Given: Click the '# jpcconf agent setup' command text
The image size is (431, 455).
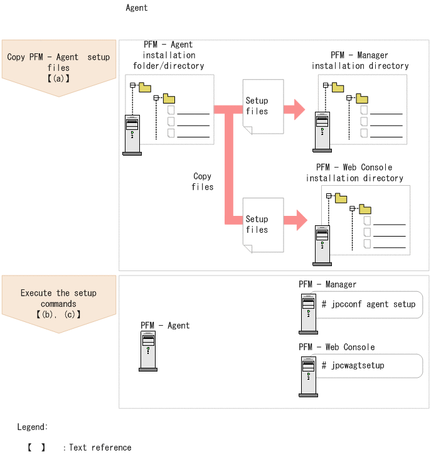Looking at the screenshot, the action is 368,304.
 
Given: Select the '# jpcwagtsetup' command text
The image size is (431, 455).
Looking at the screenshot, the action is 353,365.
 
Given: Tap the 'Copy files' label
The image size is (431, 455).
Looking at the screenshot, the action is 203,181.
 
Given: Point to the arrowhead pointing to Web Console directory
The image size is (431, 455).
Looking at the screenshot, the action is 301,220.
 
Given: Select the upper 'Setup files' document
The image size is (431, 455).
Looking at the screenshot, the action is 263,107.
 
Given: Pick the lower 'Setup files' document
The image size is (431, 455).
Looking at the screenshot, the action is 263,225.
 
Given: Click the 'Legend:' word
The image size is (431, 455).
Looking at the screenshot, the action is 32,427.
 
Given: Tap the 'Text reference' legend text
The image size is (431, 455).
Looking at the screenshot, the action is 100,447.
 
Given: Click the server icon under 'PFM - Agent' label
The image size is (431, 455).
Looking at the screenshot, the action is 148,351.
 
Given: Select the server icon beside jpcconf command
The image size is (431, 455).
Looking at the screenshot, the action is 308,314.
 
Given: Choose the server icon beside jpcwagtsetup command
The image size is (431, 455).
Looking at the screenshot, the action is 308,377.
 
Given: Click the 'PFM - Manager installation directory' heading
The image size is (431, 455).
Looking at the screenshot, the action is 360,60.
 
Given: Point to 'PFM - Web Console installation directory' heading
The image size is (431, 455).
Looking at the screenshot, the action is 354,173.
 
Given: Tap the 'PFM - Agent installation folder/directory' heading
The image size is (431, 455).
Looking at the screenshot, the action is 169,55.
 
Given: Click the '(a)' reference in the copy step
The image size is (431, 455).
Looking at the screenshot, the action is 58,78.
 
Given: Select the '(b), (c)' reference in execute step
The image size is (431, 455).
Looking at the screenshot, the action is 58,314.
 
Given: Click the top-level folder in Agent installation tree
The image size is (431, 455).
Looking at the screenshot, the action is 145,87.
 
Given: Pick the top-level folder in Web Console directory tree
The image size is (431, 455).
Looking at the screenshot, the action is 341,198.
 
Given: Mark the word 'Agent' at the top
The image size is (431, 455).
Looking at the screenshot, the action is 137,8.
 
